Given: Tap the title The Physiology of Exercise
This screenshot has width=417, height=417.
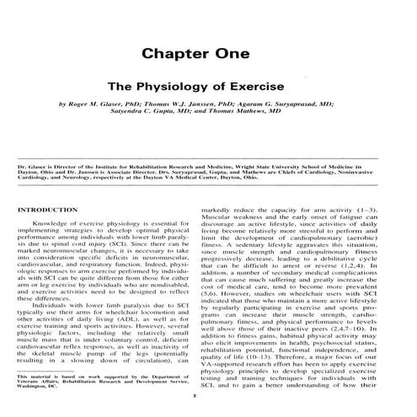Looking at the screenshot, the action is click(x=208, y=86).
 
